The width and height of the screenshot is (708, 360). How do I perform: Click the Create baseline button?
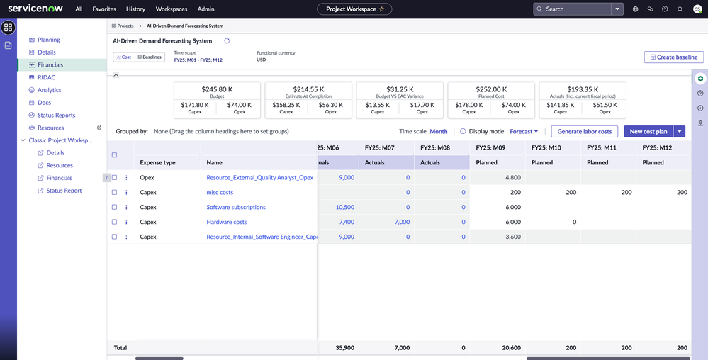(673, 57)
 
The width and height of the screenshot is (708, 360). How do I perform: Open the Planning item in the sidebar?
(48, 40)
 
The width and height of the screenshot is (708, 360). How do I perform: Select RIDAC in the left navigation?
(46, 77)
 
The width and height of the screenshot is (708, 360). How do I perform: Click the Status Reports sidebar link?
(56, 115)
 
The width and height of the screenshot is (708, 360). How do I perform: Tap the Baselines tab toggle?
(150, 57)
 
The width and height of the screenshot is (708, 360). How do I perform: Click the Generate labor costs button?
(584, 131)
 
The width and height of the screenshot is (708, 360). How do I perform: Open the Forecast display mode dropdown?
(524, 131)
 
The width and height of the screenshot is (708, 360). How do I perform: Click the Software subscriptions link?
(236, 208)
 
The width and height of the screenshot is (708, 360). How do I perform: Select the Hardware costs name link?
(227, 223)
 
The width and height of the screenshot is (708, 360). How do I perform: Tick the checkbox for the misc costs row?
(115, 193)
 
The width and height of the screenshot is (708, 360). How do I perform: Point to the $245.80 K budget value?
(217, 89)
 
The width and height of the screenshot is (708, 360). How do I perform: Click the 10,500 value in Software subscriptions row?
(344, 208)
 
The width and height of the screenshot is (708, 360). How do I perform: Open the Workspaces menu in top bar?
(172, 9)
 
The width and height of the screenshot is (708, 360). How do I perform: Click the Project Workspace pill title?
(350, 9)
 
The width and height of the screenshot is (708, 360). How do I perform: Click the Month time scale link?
(438, 131)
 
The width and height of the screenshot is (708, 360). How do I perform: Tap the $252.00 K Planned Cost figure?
(490, 89)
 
